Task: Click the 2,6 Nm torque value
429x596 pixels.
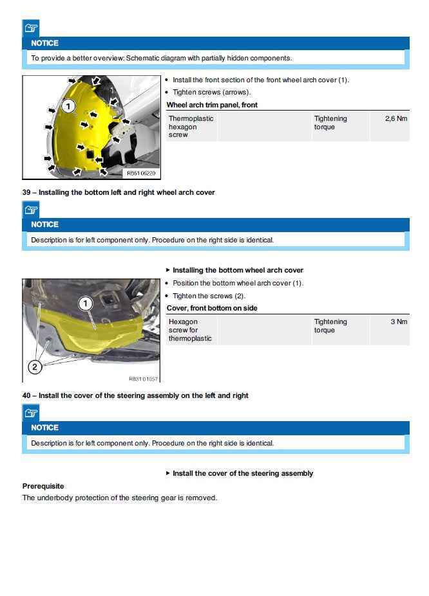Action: pos(396,119)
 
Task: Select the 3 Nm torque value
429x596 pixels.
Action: pos(399,322)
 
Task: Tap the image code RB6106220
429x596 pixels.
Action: pos(141,173)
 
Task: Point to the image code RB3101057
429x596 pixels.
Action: pos(143,379)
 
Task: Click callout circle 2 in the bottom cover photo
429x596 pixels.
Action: pos(35,367)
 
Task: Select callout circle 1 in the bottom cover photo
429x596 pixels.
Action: pos(86,303)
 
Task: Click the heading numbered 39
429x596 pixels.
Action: pos(119,192)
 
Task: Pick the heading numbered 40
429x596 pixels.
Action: pos(135,395)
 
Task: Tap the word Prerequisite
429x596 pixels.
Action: pos(43,486)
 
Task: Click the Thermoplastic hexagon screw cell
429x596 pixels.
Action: pos(191,127)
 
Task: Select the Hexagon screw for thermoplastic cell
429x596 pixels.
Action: pos(190,330)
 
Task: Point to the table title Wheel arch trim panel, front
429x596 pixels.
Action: pos(212,105)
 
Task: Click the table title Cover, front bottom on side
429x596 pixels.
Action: pos(212,308)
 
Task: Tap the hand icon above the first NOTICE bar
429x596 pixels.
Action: pos(31,28)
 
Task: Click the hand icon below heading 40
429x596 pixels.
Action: pos(31,413)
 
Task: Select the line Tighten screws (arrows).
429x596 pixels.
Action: pos(211,93)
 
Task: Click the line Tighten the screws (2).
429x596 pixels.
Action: pos(209,296)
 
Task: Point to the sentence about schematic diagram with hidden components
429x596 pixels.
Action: pos(161,58)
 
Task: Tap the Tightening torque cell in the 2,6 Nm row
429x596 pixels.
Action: pos(330,123)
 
